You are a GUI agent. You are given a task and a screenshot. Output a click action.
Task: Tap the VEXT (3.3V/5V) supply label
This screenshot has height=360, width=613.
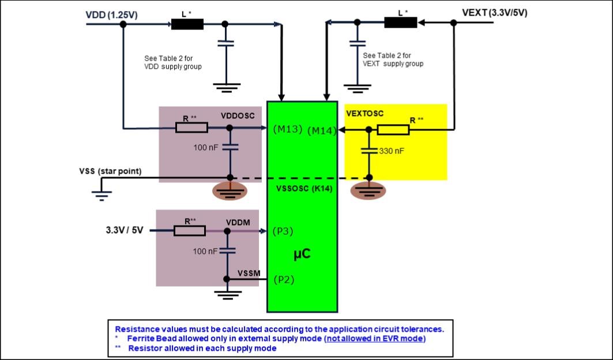click(x=494, y=12)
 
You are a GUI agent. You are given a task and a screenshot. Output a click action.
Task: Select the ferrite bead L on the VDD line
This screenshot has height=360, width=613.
click(x=187, y=24)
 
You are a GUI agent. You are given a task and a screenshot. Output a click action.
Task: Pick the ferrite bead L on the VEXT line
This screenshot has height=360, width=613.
click(x=400, y=22)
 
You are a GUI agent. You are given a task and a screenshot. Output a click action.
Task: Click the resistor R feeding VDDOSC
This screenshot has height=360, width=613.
click(x=191, y=127)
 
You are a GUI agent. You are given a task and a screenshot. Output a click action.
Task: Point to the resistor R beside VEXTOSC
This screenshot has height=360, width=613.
click(x=393, y=130)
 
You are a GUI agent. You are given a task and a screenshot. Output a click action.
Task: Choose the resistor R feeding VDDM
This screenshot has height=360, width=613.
click(x=190, y=231)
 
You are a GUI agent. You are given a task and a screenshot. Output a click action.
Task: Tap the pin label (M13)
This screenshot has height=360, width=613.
click(x=288, y=128)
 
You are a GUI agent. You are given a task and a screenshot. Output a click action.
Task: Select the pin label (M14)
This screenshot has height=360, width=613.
click(x=321, y=131)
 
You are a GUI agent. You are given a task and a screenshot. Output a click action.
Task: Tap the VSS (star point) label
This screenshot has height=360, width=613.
click(x=110, y=172)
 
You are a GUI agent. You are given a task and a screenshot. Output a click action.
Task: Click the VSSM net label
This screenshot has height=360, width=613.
click(x=249, y=271)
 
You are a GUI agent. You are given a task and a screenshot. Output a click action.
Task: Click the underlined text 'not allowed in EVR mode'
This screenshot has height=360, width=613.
click(x=375, y=338)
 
